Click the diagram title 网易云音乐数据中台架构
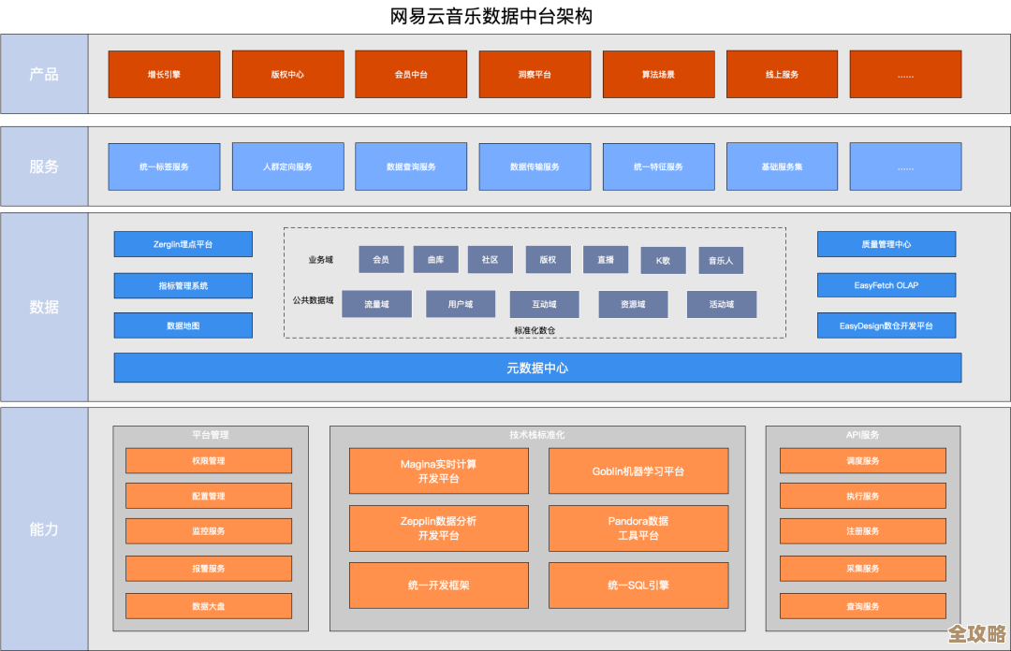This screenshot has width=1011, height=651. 491,16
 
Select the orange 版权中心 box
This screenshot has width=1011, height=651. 287,74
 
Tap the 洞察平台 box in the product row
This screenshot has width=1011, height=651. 535,74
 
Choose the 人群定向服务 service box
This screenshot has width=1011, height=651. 287,166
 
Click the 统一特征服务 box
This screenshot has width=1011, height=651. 658,166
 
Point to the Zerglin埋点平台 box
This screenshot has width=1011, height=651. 183,244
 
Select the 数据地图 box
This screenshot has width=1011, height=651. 183,325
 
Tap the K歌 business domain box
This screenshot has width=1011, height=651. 663,260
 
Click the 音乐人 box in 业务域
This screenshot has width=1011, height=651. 721,260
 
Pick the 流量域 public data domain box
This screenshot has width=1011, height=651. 376,304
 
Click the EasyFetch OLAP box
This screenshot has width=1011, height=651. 886,285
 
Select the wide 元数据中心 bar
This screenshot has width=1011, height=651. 537,368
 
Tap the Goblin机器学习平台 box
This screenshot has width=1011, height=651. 638,470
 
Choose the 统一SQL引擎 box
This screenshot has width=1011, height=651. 638,585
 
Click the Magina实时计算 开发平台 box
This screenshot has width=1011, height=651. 438,470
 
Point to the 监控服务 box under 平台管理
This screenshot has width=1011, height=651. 209,531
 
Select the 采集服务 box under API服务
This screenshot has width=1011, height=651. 863,569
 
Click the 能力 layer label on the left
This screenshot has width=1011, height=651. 44,528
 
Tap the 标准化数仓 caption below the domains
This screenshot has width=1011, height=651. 535,330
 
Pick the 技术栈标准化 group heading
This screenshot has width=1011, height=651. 537,435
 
